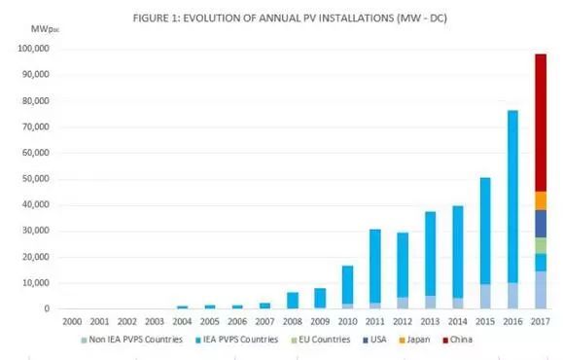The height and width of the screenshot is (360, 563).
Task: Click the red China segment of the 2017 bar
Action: (539, 122)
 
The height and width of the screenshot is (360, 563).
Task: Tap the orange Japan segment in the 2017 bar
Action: (539, 200)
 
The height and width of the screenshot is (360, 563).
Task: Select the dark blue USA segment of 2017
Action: (539, 224)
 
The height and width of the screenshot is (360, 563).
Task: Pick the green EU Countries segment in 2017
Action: (539, 245)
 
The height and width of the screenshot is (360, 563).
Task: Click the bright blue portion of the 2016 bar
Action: (511, 195)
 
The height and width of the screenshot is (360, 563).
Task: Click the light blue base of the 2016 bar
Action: (511, 296)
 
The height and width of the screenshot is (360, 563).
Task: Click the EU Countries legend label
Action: (311, 339)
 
